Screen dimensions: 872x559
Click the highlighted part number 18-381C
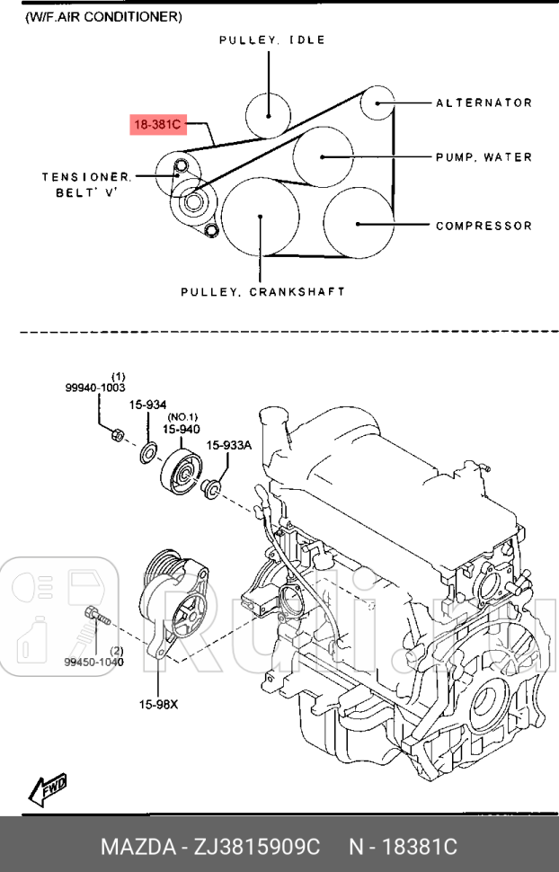click(158, 125)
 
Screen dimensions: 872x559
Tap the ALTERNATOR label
click(484, 103)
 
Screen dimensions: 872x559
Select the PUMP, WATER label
click(484, 157)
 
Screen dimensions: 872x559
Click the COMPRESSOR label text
click(484, 226)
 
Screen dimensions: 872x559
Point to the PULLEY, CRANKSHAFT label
click(263, 292)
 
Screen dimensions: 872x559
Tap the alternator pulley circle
click(377, 103)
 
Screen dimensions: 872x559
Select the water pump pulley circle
click(322, 156)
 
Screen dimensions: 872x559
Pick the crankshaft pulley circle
click(261, 216)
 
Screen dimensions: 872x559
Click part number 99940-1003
click(94, 387)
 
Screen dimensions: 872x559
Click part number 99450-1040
click(94, 662)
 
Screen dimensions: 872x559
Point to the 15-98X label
click(158, 704)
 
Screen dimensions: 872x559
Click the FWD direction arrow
click(49, 788)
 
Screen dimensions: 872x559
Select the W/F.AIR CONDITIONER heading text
click(102, 16)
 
